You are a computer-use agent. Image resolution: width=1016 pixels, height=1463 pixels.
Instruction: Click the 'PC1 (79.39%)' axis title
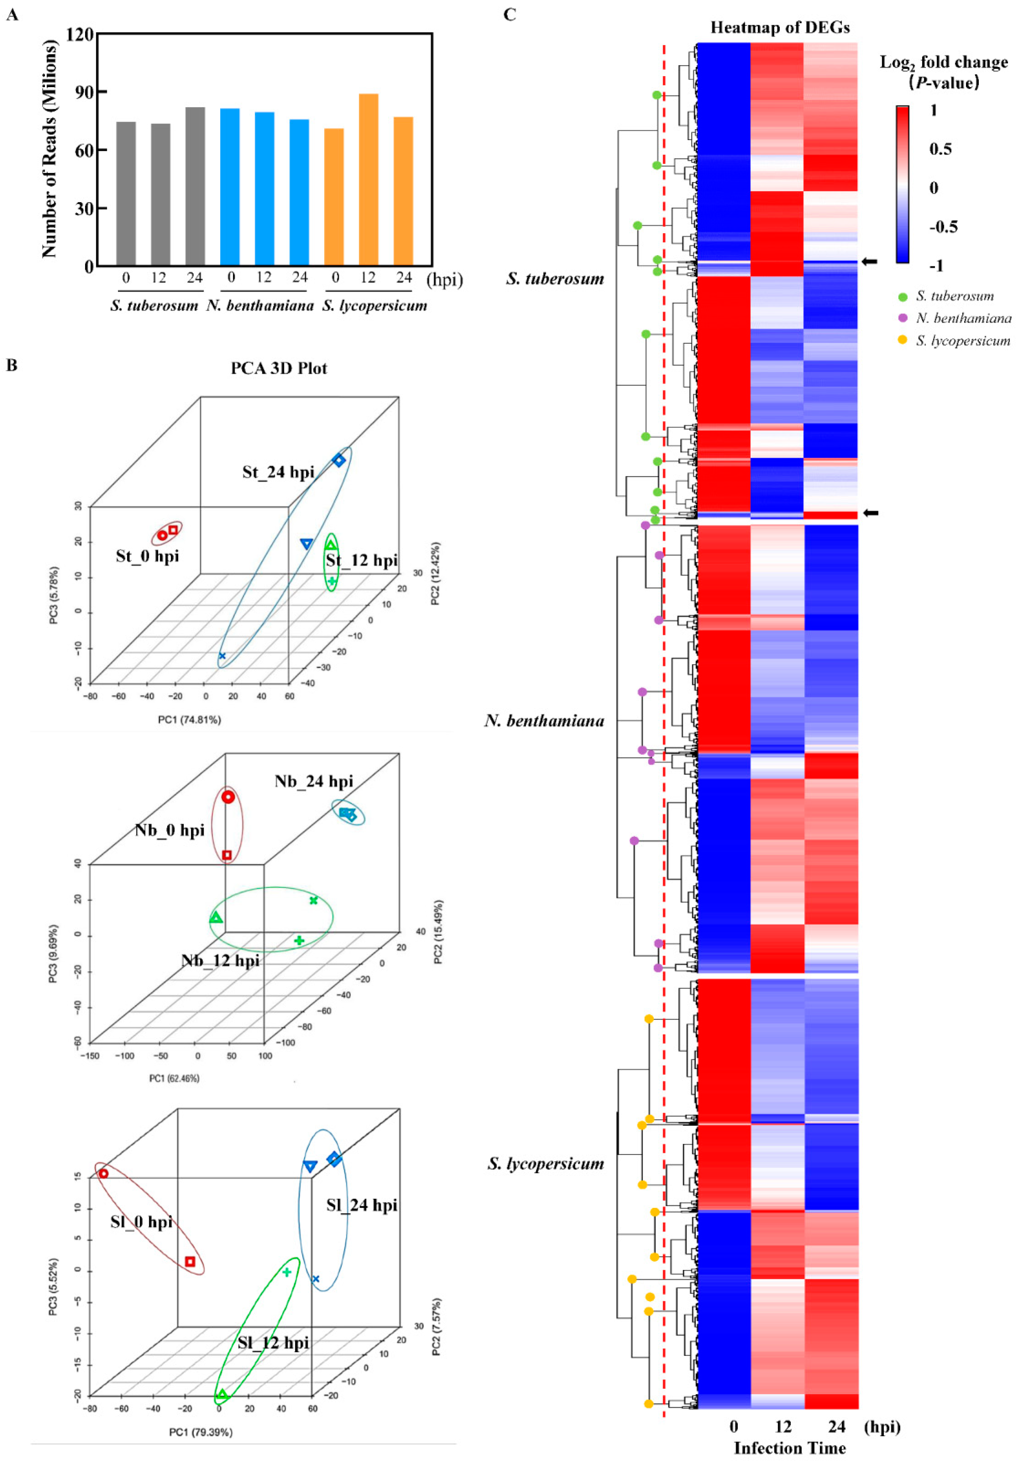coord(200,1432)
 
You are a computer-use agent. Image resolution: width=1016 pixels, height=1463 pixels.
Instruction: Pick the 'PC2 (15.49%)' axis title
coord(438,932)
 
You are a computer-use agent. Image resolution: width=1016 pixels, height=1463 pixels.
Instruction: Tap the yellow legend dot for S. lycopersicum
coord(902,340)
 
